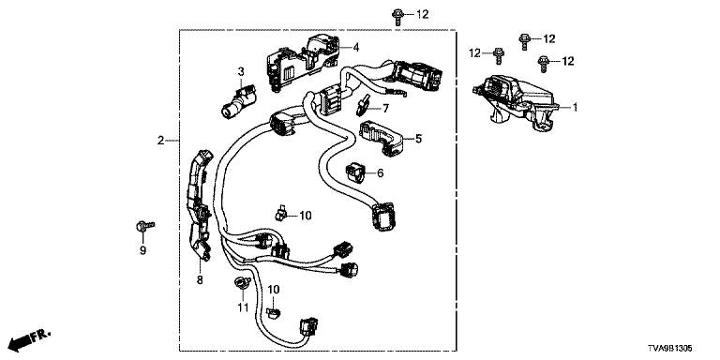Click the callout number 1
click(574, 108)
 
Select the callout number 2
click(160, 141)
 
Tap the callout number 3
click(241, 71)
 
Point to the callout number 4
click(356, 47)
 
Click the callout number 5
click(418, 138)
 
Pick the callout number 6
click(380, 173)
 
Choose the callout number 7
click(385, 109)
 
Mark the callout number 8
click(200, 279)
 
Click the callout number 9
click(142, 250)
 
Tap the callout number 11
click(243, 307)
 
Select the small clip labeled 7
click(363, 105)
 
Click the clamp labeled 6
click(355, 172)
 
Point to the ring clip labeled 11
click(241, 282)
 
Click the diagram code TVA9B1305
click(670, 349)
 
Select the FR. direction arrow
click(30, 338)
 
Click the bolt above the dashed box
click(397, 16)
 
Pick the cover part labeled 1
click(515, 100)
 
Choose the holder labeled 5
click(382, 137)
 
